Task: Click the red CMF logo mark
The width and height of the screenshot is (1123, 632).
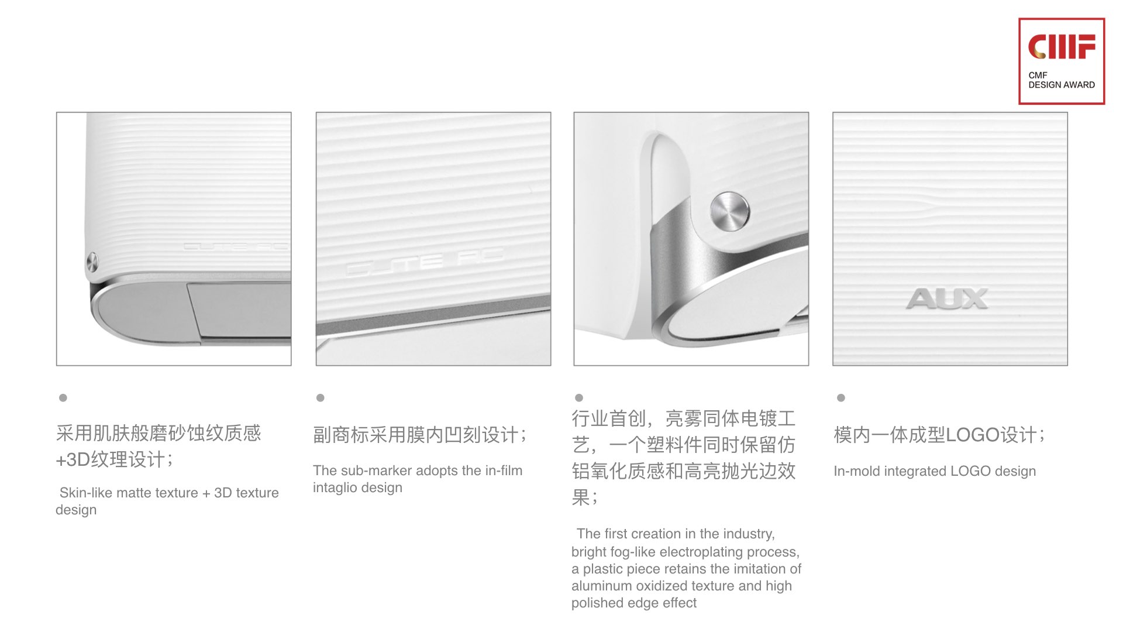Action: point(1062,47)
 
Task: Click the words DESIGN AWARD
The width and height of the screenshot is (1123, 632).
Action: point(1062,85)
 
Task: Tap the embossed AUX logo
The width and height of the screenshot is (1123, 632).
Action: point(947,298)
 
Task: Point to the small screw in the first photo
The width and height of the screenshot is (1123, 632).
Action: point(92,261)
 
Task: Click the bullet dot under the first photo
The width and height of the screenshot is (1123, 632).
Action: point(63,398)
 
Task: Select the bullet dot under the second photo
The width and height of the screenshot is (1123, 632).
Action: point(320,398)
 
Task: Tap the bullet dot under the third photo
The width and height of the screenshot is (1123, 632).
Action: point(579,398)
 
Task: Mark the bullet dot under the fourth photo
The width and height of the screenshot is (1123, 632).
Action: point(841,398)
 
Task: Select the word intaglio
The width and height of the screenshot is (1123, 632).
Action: point(335,487)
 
